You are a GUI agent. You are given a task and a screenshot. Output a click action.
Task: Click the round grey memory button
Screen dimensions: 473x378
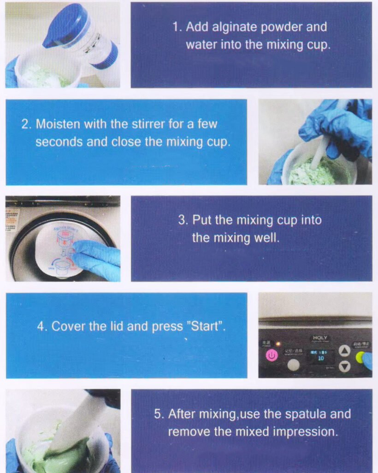[293, 365]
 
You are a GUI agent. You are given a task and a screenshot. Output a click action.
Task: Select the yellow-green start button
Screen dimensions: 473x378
[360, 357]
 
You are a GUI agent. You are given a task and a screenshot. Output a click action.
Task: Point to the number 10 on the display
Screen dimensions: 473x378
[320, 358]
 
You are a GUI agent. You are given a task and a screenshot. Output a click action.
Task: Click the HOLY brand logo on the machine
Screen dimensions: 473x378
[319, 338]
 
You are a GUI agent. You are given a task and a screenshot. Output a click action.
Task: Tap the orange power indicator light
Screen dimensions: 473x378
[278, 344]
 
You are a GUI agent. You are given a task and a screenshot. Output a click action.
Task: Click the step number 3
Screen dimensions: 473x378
[182, 220]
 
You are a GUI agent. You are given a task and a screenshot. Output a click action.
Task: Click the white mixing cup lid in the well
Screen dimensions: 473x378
[60, 249]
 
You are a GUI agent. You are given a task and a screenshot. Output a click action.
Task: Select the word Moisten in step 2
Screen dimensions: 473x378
[58, 124]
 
